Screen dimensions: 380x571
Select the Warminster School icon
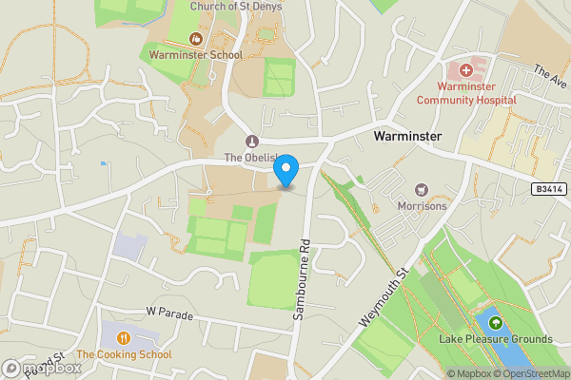pyautogui.click(x=196, y=39)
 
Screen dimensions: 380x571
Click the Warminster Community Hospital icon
pyautogui.click(x=466, y=69)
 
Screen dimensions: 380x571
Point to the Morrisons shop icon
pyautogui.click(x=422, y=190)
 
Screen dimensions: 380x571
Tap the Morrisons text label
pyautogui.click(x=422, y=205)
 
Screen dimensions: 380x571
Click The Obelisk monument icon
pyautogui.click(x=252, y=142)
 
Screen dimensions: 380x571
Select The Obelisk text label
pyautogui.click(x=250, y=157)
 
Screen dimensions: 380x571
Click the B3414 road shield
pyautogui.click(x=548, y=191)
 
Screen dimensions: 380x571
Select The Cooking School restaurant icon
pyautogui.click(x=125, y=338)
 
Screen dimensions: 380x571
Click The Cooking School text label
pyautogui.click(x=125, y=354)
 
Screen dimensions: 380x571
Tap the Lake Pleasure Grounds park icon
pyautogui.click(x=495, y=323)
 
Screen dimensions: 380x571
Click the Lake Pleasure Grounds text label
pyautogui.click(x=495, y=339)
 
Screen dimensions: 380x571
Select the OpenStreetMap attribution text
pyautogui.click(x=529, y=373)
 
